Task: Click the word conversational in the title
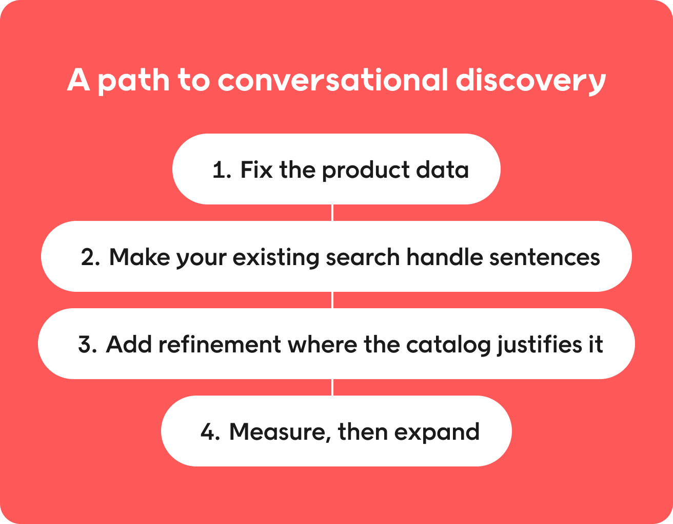coord(332,80)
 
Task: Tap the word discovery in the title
coord(530,81)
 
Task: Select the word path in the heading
coord(133,81)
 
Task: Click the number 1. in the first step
coord(222,170)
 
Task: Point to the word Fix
coord(256,170)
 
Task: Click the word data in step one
coord(442,170)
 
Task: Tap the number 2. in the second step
coord(90,257)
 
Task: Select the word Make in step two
coord(140,257)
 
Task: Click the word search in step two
coord(363,257)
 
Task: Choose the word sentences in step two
coord(544,258)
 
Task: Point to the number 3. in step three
coord(88,345)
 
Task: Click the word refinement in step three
coord(220,344)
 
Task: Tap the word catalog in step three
coord(448,346)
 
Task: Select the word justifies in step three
coord(540,345)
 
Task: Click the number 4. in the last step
coord(210,432)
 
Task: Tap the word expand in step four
coord(437,433)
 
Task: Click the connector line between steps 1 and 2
coord(332,213)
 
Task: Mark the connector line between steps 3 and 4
coord(332,387)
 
